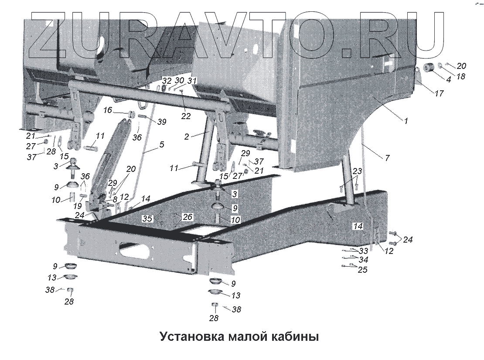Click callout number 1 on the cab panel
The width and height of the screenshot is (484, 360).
(406, 121)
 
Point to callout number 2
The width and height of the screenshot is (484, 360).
(187, 137)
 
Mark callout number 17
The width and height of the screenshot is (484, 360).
(439, 93)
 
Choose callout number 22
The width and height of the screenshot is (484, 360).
(186, 116)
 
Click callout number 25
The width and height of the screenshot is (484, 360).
(362, 270)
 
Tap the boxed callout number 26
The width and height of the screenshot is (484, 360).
(187, 216)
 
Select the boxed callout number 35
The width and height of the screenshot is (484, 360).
(148, 218)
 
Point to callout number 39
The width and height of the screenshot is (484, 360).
(161, 122)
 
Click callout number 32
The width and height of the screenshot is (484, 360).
(167, 81)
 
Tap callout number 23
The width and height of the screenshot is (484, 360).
(357, 171)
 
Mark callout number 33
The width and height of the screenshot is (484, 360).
(363, 251)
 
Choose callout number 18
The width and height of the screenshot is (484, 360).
(460, 76)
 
